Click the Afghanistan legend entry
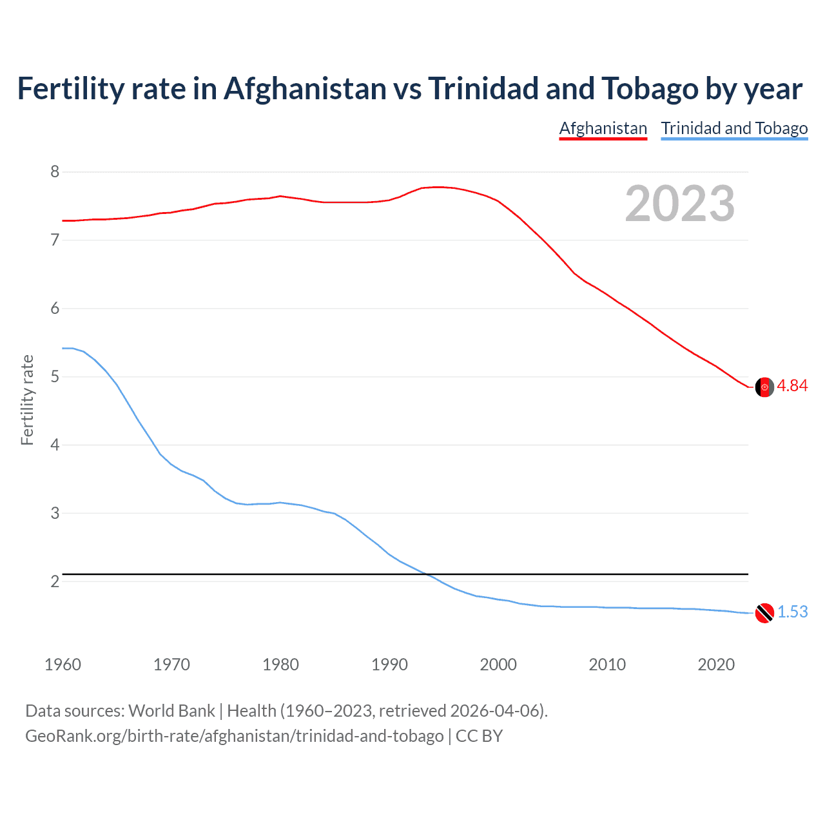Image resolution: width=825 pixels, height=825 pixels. pyautogui.click(x=603, y=128)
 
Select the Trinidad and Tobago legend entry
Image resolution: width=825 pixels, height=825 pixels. pyautogui.click(x=734, y=128)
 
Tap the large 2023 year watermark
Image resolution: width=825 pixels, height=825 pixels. pyautogui.click(x=679, y=204)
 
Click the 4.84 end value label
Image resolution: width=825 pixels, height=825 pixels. pyautogui.click(x=792, y=385)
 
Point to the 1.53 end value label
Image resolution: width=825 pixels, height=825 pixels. pyautogui.click(x=792, y=612)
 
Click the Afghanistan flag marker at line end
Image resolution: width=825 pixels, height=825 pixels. pyautogui.click(x=764, y=387)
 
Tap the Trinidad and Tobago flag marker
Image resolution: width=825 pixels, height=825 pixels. pyautogui.click(x=764, y=613)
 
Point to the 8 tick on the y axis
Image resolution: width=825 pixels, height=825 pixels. pyautogui.click(x=55, y=171)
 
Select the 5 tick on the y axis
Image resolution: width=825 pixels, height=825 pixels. pyautogui.click(x=55, y=376)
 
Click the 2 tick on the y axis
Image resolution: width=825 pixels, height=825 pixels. pyautogui.click(x=55, y=581)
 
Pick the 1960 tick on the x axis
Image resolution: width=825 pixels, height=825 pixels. pyautogui.click(x=63, y=665)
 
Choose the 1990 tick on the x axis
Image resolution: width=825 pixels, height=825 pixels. pyautogui.click(x=389, y=665)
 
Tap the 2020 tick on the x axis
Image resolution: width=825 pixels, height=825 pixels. pyautogui.click(x=716, y=665)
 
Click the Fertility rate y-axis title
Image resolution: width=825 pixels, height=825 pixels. pyautogui.click(x=27, y=400)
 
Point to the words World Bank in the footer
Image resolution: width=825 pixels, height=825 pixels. pyautogui.click(x=171, y=711)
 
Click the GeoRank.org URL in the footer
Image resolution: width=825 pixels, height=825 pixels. pyautogui.click(x=234, y=736)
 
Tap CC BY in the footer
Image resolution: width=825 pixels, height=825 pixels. pyautogui.click(x=479, y=736)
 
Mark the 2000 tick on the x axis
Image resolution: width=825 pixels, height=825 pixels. pyautogui.click(x=498, y=665)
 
